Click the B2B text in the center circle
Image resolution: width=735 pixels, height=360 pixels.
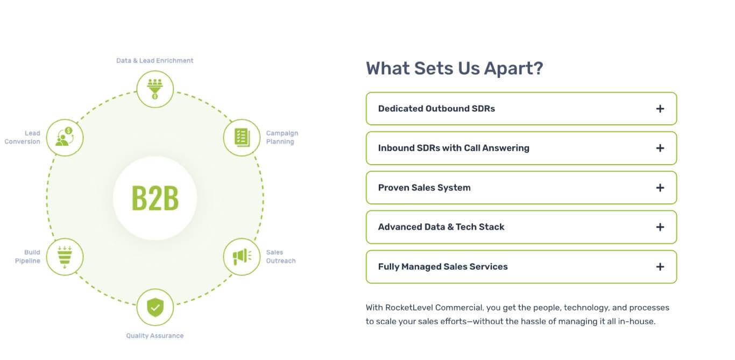pos(155,198)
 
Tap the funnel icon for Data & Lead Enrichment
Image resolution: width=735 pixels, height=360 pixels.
pos(155,89)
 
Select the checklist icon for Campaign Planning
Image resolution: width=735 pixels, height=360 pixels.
pos(242,138)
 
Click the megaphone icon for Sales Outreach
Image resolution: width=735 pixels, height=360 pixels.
pos(242,257)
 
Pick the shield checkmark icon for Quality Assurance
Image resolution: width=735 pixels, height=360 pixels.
pos(155,307)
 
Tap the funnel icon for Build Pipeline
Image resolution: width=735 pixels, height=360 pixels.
pos(65,257)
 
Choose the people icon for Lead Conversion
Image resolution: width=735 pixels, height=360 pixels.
pos(65,137)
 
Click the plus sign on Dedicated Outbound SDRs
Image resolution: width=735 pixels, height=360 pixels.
pos(660,109)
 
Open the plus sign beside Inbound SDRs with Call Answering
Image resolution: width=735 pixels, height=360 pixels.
pos(660,148)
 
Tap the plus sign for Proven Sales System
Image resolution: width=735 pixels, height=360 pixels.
pos(660,188)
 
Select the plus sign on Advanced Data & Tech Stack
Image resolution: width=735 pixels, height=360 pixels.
pos(660,227)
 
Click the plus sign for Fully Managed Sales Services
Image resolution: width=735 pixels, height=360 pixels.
pos(660,267)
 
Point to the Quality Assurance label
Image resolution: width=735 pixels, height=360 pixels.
pos(155,336)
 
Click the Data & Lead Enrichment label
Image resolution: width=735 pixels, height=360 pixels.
pos(155,61)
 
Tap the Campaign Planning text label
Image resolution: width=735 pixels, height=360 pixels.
pos(282,138)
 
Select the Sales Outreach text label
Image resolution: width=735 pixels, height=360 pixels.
pos(281,257)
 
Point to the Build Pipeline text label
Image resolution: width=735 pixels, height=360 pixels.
pos(27,257)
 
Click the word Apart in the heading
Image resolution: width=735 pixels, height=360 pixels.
pos(513,68)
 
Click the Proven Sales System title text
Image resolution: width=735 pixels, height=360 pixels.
pos(424,188)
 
